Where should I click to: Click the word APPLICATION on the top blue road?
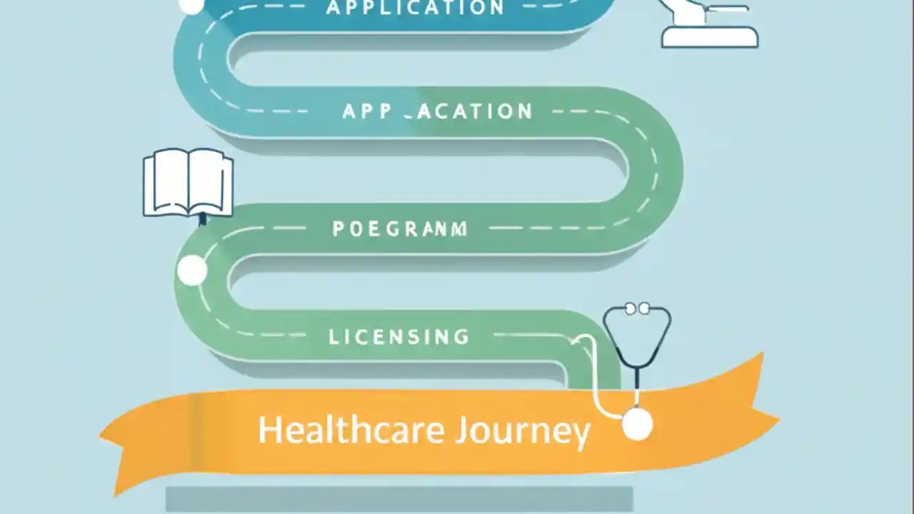(415, 8)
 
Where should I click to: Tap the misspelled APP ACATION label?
(437, 111)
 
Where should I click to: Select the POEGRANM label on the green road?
(400, 229)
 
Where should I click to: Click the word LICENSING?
(399, 336)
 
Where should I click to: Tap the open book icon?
(188, 183)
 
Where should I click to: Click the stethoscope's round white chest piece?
(637, 425)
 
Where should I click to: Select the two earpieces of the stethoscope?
(637, 308)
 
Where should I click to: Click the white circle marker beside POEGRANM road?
(191, 271)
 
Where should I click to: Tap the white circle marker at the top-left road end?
(191, 6)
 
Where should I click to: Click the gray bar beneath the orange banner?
(399, 499)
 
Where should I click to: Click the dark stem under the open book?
(203, 218)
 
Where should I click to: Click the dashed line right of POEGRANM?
(543, 228)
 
